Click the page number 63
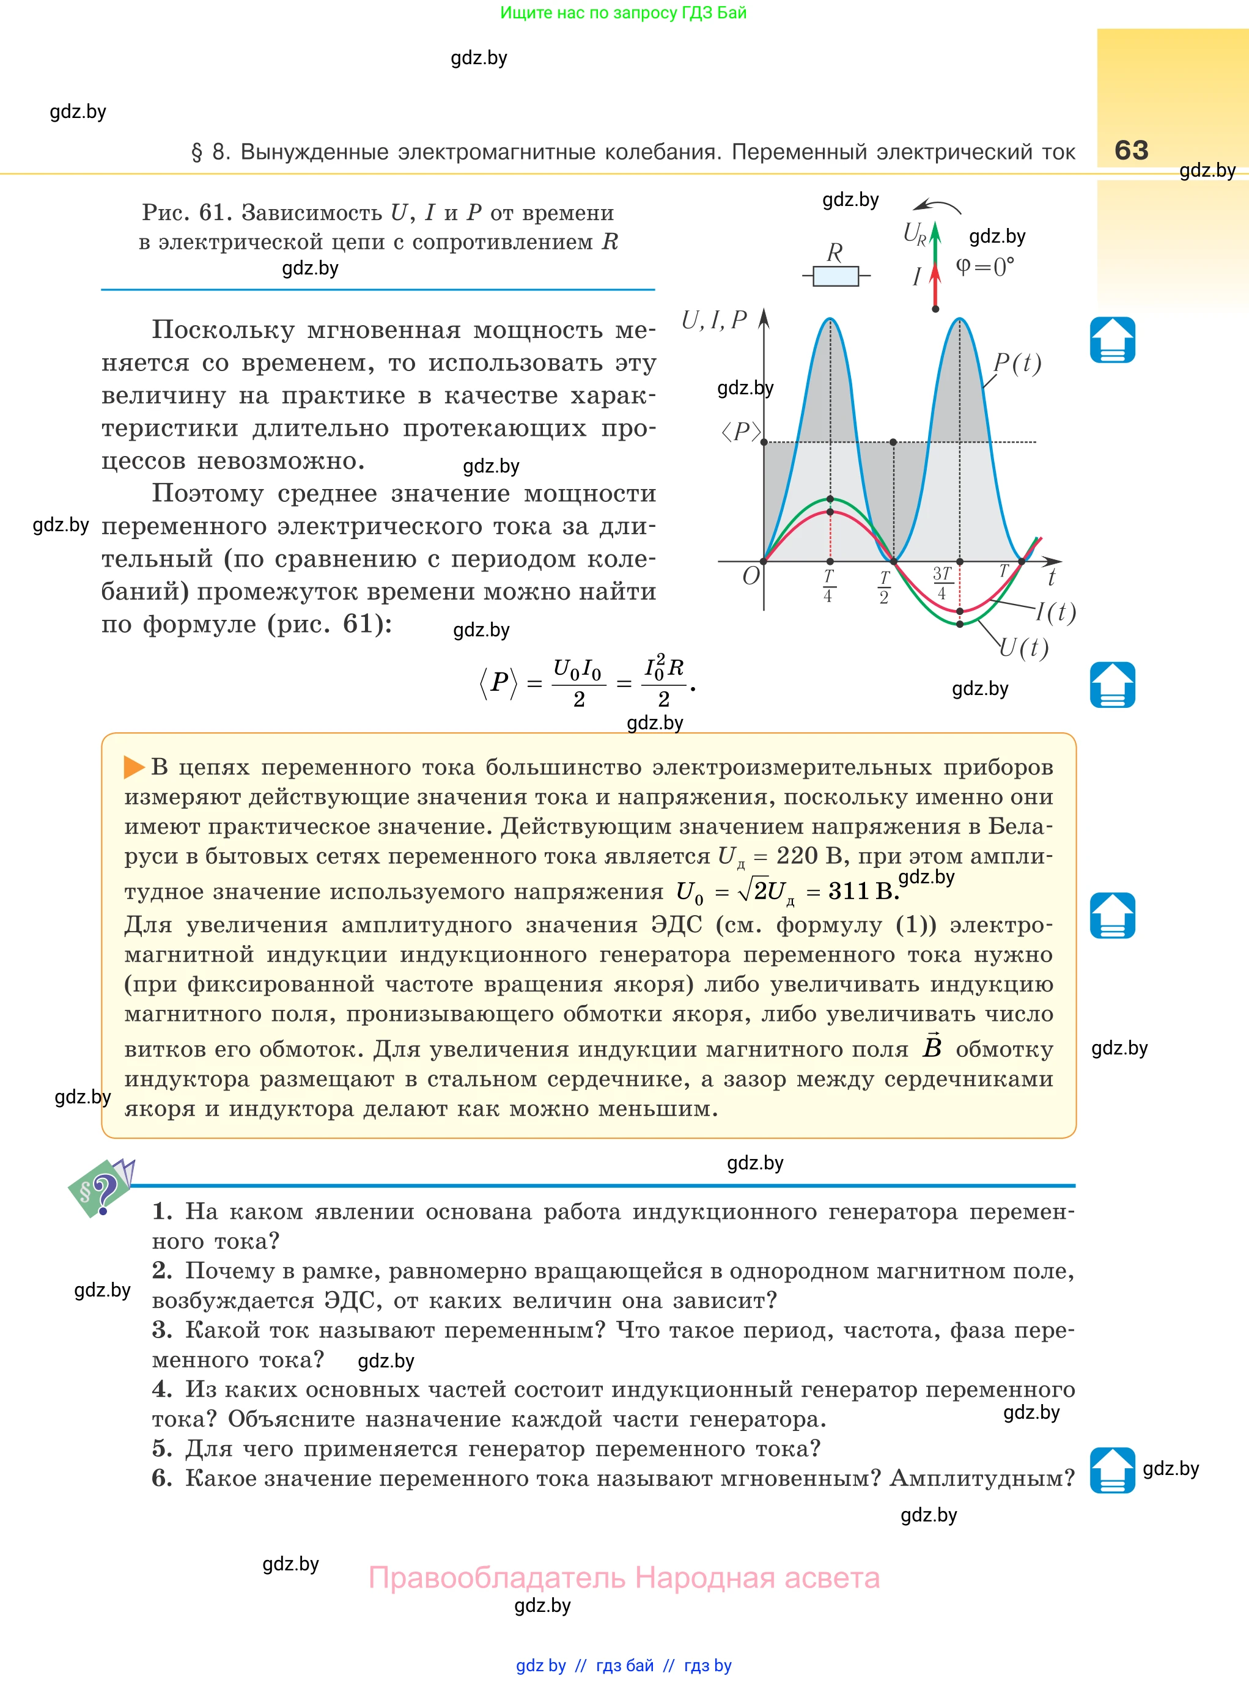[1131, 150]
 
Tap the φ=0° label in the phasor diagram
[984, 267]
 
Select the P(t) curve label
[1017, 364]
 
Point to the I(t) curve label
[1055, 611]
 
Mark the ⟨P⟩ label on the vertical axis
[740, 432]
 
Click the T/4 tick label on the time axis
[828, 586]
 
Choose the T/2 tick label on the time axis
[884, 587]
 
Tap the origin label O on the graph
[750, 576]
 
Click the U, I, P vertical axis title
[713, 320]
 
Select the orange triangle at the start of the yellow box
[134, 767]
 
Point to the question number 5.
[162, 1449]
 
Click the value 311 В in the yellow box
[863, 891]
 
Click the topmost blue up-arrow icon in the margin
[1112, 340]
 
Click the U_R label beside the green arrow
[914, 234]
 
